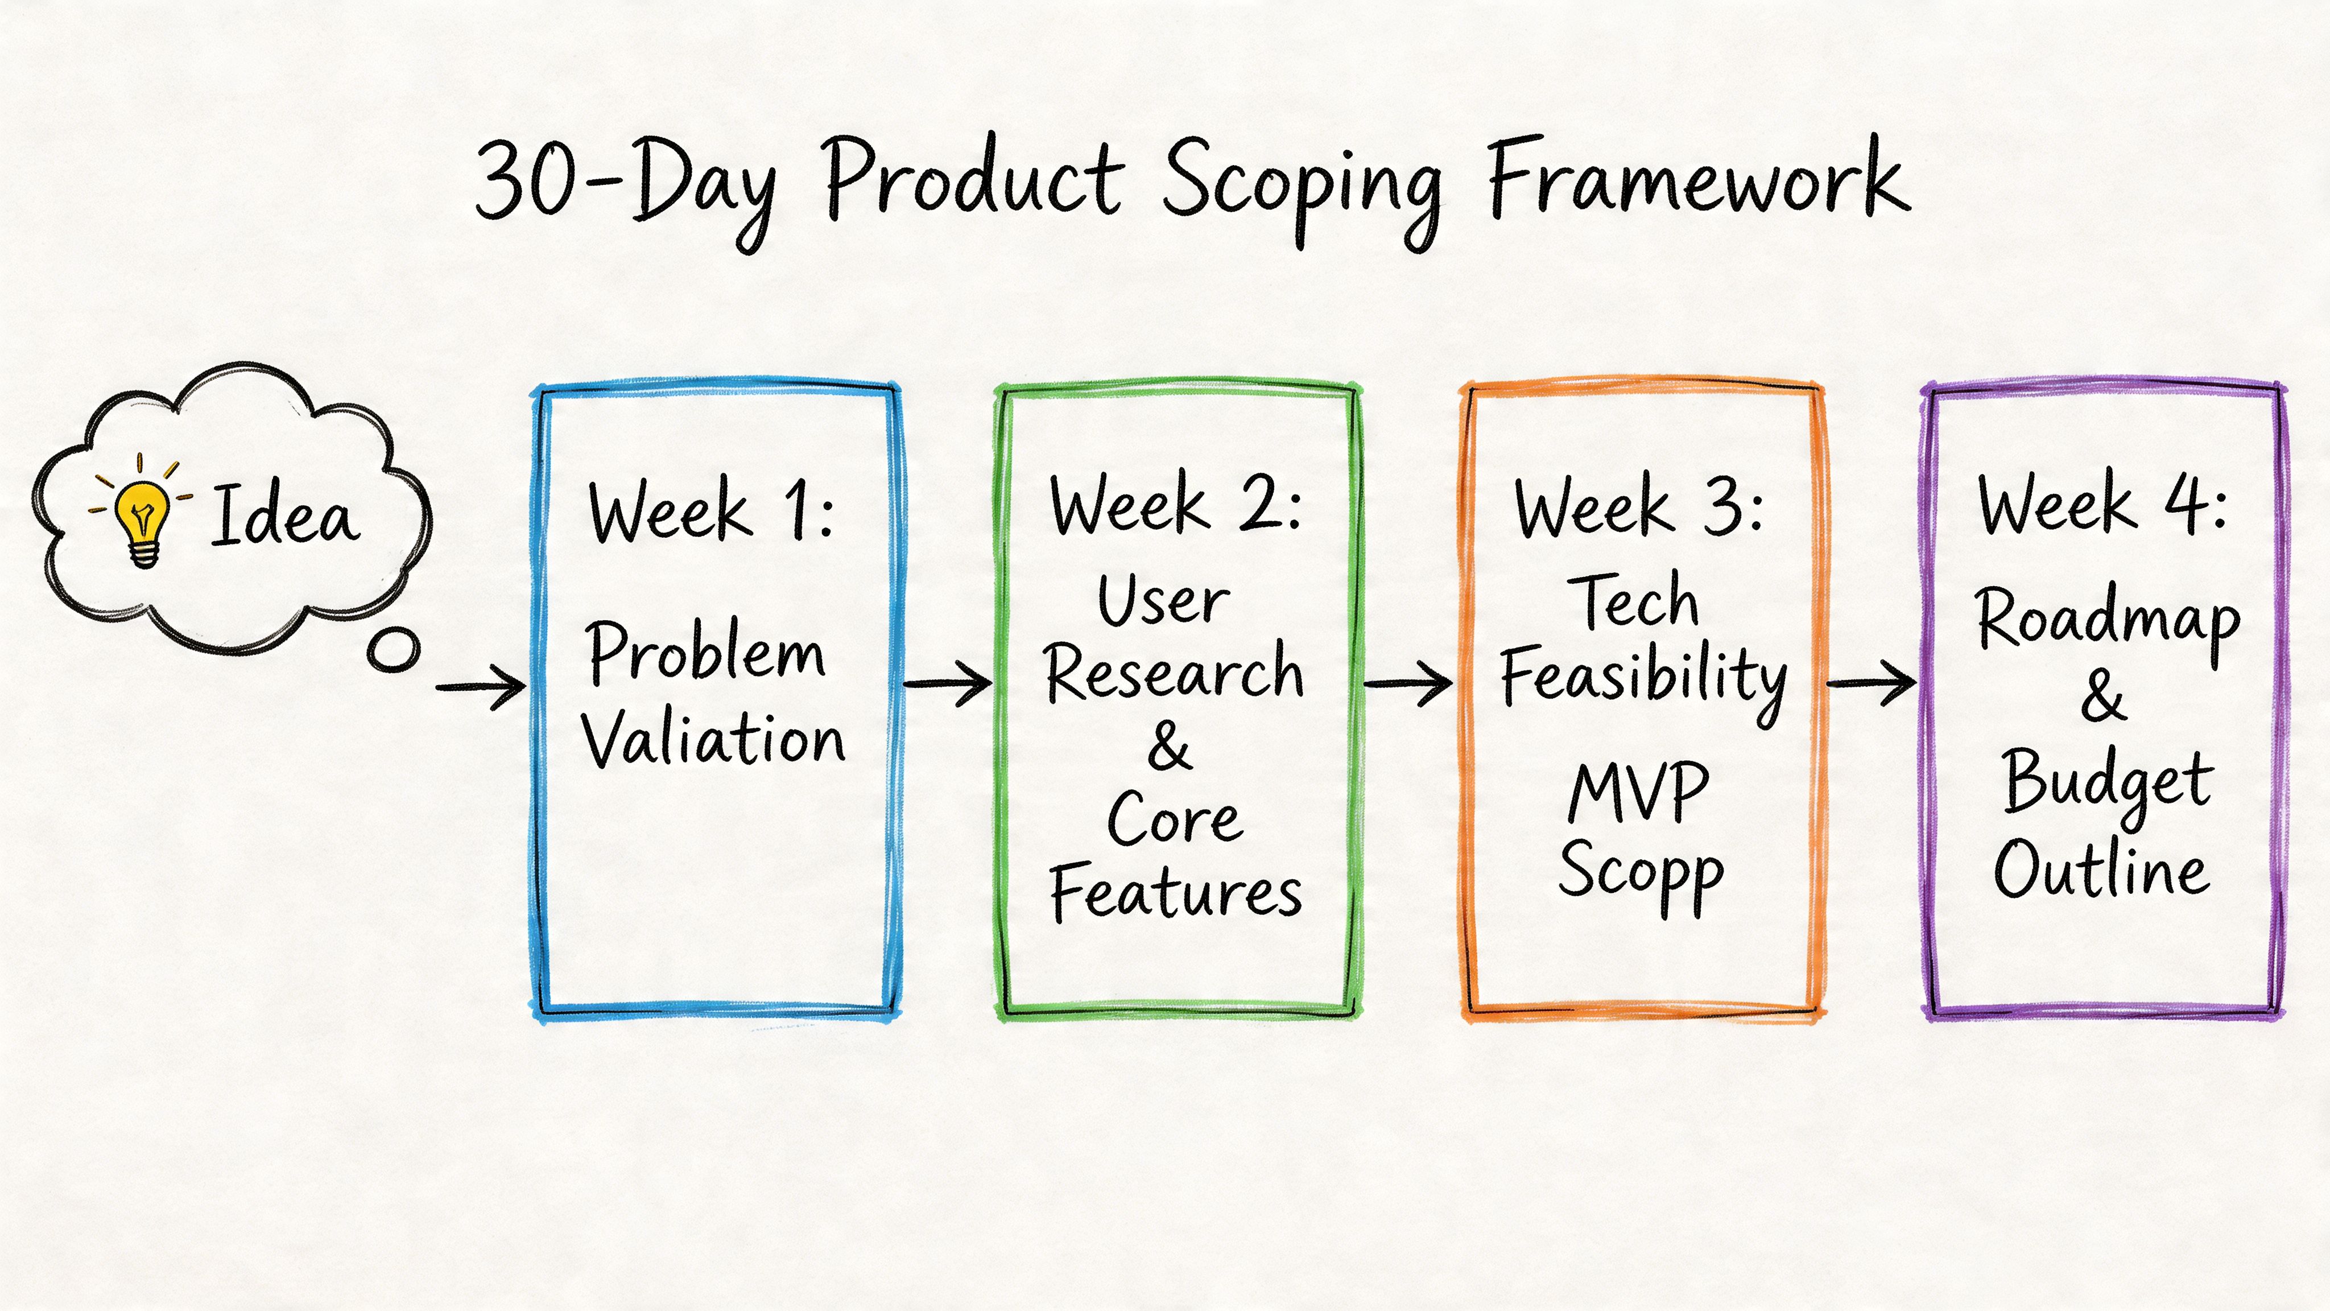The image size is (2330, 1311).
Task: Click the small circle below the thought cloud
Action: click(394, 650)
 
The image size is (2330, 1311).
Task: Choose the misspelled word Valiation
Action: click(713, 739)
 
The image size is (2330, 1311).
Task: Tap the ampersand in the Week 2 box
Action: click(1170, 747)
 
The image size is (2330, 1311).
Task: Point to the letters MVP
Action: click(1638, 791)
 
